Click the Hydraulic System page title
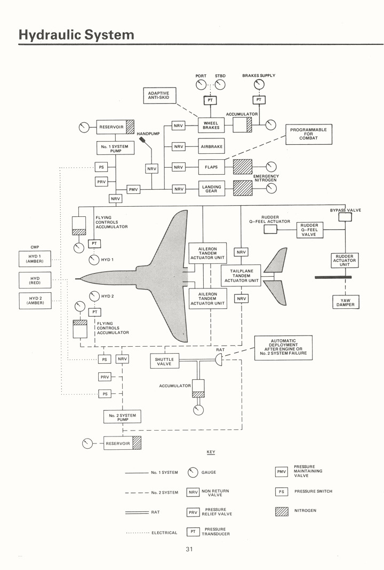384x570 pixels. (x=76, y=35)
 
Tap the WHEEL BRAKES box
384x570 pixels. (x=211, y=126)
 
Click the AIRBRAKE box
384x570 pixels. (x=211, y=146)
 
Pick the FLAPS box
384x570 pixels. (x=211, y=167)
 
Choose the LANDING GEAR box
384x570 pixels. (x=211, y=189)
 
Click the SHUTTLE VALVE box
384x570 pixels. (x=164, y=361)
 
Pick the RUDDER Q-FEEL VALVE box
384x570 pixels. (x=309, y=230)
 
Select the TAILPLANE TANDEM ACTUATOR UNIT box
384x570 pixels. (x=241, y=276)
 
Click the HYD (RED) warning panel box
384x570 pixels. (x=35, y=280)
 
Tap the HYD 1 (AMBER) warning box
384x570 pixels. (x=35, y=259)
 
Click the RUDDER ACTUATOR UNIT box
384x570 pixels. (x=345, y=260)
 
